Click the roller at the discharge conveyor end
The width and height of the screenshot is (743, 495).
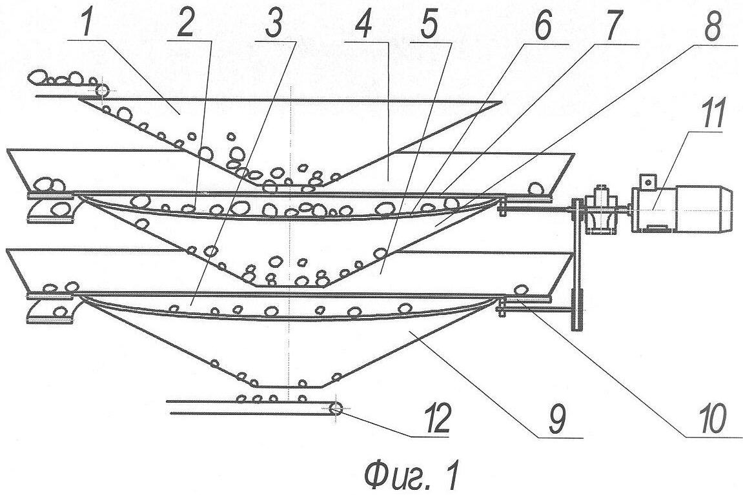point(335,408)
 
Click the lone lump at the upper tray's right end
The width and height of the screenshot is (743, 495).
point(536,188)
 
